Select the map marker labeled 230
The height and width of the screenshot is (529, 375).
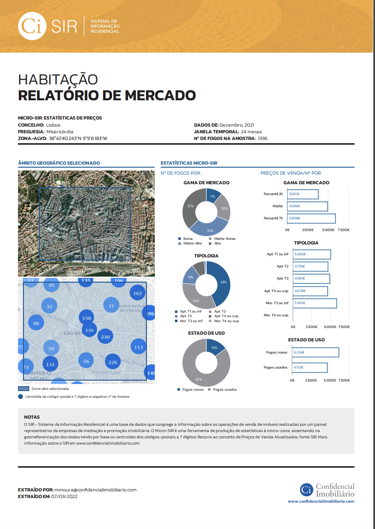click(105, 337)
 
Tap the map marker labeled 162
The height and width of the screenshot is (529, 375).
click(137, 293)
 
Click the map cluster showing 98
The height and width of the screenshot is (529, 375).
click(36, 323)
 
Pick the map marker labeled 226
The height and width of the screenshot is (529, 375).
click(113, 362)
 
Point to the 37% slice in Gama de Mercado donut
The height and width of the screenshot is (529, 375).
click(190, 206)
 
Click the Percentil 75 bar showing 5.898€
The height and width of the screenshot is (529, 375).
click(311, 218)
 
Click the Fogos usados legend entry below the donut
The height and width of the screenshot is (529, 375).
click(225, 389)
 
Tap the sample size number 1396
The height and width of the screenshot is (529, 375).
click(262, 138)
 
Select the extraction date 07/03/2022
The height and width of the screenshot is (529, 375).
click(64, 496)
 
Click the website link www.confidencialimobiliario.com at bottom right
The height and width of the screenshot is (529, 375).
click(321, 501)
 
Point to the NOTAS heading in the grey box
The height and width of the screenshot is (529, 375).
click(32, 417)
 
